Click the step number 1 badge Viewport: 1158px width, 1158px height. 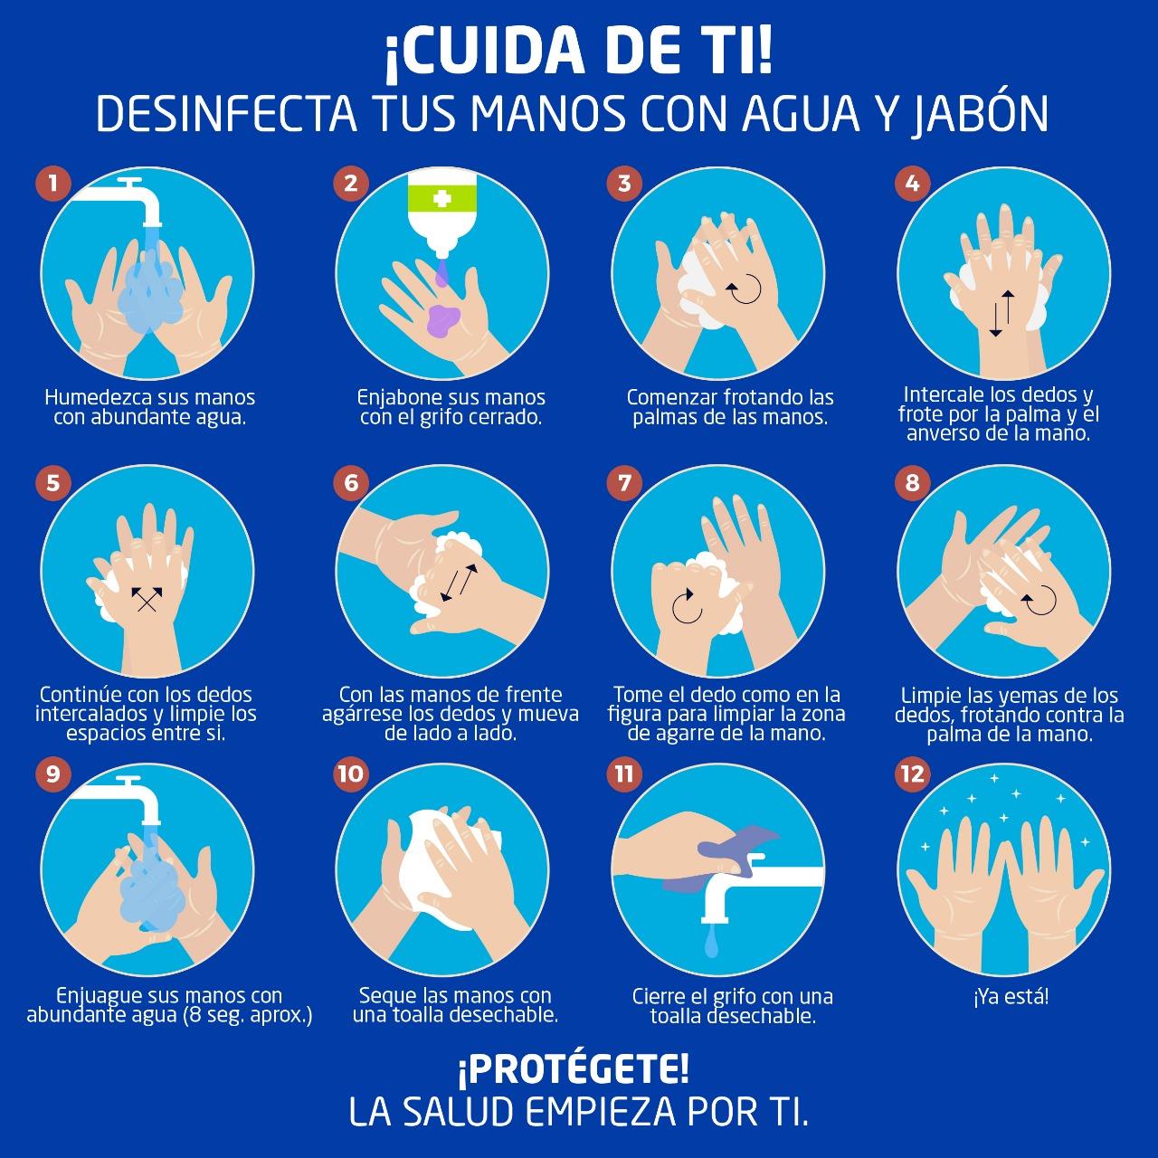coord(53,183)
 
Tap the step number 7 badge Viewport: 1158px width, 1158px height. coord(624,482)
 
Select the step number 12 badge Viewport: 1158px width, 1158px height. coord(912,774)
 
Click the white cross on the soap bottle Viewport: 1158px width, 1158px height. coord(441,199)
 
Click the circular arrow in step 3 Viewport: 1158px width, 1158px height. coord(745,289)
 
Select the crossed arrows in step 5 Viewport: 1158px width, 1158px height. coord(147,599)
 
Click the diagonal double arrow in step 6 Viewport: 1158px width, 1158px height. coord(459,583)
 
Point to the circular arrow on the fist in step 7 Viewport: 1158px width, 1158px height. coord(688,606)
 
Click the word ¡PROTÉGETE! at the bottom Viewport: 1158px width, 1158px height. coord(574,1069)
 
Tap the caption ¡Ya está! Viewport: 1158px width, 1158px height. coord(1011,996)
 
